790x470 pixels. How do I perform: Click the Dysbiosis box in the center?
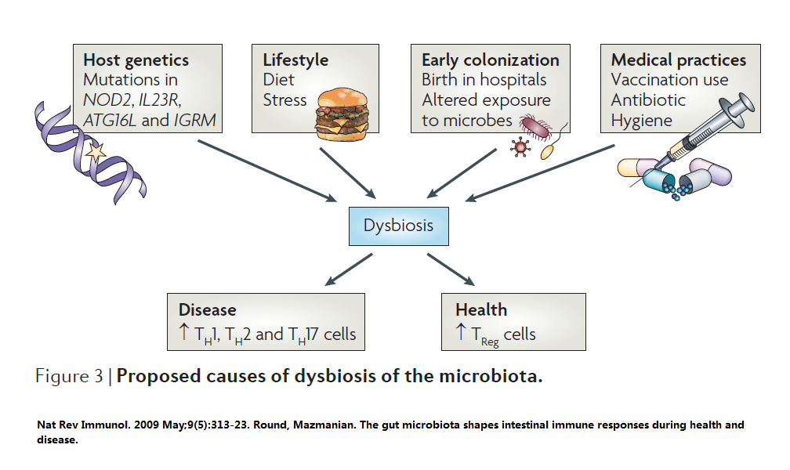pos(397,226)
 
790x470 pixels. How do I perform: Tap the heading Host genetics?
pos(136,60)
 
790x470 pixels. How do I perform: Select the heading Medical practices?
pos(679,60)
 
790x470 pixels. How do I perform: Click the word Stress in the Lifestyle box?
pos(284,100)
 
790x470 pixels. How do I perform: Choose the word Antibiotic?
pos(648,100)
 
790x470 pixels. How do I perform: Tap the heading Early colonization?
pos(491,60)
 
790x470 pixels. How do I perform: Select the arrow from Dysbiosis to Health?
pos(458,271)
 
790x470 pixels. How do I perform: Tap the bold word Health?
pos(481,310)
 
